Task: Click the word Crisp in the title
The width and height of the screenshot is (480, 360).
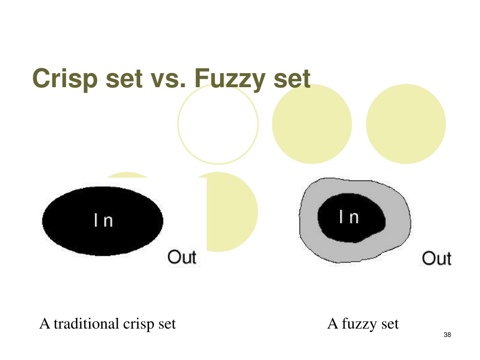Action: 65,79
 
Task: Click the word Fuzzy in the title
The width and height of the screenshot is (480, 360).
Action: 230,79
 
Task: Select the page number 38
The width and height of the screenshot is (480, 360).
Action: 447,335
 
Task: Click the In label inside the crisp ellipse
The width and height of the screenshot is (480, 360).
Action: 104,220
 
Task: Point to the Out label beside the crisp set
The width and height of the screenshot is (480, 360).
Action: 182,257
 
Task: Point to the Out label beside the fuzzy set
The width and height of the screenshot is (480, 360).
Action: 436,258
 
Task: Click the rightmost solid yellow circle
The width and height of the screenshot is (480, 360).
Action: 406,124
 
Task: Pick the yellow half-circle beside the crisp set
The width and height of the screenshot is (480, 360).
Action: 232,212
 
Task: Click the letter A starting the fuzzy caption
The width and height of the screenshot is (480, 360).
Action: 332,323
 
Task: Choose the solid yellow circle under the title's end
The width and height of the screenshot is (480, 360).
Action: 312,124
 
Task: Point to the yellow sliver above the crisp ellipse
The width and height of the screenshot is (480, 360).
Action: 127,175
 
